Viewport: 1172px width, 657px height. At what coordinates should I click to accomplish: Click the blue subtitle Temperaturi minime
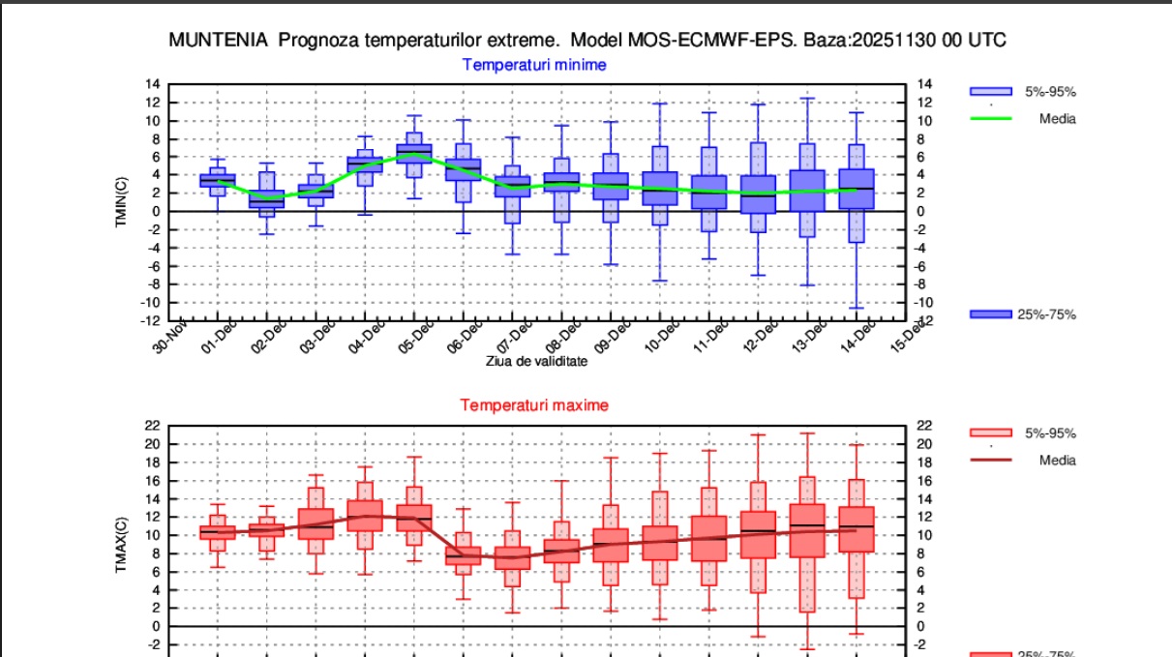pyautogui.click(x=534, y=65)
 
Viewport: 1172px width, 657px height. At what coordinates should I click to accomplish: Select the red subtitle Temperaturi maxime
pyautogui.click(x=534, y=405)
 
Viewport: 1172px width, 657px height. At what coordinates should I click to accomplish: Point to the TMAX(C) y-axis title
pyautogui.click(x=122, y=546)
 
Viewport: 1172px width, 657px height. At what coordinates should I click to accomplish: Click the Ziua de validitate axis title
pyautogui.click(x=536, y=361)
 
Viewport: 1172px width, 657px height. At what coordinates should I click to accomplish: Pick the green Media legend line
pyautogui.click(x=991, y=119)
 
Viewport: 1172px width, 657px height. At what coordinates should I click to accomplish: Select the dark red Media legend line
pyautogui.click(x=991, y=461)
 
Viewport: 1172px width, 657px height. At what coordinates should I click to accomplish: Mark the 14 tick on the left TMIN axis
pyautogui.click(x=152, y=84)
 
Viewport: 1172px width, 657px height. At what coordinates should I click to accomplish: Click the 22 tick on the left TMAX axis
pyautogui.click(x=152, y=426)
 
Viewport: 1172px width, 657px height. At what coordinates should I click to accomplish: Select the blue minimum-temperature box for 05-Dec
pyautogui.click(x=414, y=154)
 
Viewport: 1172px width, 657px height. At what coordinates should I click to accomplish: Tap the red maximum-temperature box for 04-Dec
pyautogui.click(x=365, y=515)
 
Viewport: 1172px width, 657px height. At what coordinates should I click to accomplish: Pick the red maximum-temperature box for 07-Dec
pyautogui.click(x=513, y=557)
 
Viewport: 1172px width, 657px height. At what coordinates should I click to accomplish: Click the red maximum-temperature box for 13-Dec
pyautogui.click(x=807, y=530)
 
